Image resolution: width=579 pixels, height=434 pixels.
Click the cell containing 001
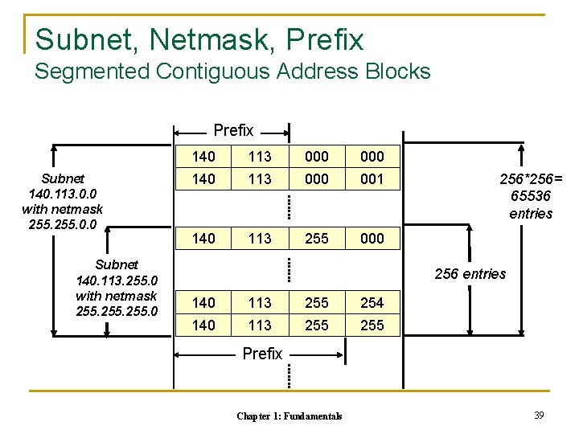372,179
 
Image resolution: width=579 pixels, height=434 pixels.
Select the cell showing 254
372,303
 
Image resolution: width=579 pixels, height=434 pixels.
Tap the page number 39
539,415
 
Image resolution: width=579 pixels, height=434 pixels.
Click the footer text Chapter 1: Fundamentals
289,416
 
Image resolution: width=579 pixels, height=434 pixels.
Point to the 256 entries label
470,274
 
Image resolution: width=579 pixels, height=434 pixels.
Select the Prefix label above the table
233,130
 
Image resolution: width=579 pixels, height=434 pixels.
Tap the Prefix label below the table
262,354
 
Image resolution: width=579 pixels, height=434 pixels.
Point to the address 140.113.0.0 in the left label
63,194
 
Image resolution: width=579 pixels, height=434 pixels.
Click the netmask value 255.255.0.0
63,224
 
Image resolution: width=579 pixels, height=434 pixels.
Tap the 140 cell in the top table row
204,157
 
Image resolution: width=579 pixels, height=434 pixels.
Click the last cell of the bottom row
372,325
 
